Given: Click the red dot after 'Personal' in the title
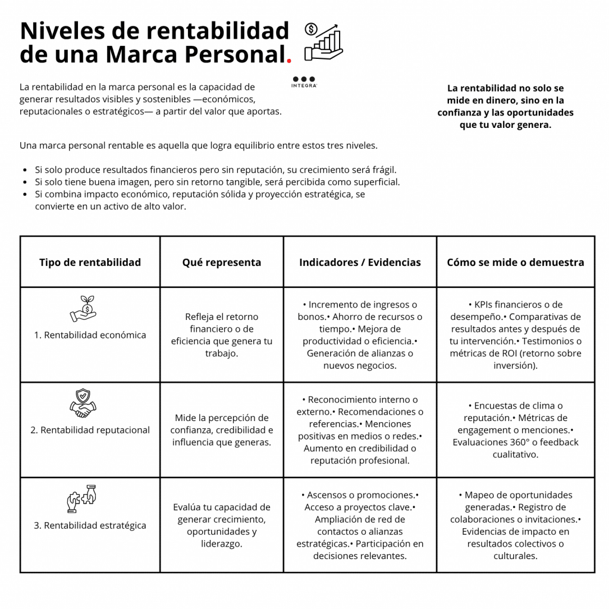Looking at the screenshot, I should [289, 61].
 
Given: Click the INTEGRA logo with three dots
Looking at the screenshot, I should [304, 81].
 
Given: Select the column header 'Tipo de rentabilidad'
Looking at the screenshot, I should [90, 262].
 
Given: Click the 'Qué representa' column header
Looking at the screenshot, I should [221, 262].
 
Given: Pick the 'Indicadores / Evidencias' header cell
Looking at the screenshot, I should [360, 262].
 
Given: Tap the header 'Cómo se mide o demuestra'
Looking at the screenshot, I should [515, 262].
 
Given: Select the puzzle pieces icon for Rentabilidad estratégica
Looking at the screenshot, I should [81, 498].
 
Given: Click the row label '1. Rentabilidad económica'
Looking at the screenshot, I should [90, 335].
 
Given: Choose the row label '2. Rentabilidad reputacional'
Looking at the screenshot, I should [90, 430].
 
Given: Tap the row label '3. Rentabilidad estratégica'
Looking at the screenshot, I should [90, 525].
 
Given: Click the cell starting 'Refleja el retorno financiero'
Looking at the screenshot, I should [221, 335].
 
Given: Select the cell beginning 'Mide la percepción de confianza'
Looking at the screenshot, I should [221, 430].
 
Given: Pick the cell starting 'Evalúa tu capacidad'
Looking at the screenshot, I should [221, 525].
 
